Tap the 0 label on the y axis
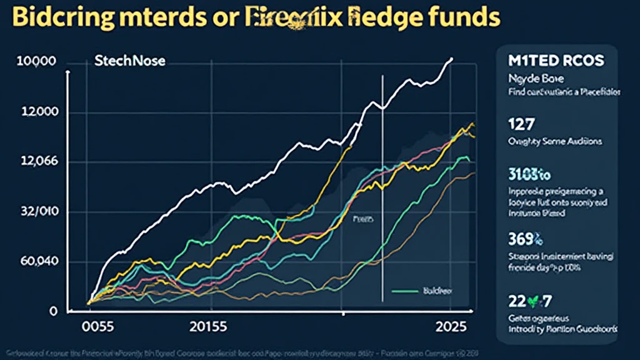coord(54,311)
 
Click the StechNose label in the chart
coord(126,62)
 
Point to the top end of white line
coord(452,59)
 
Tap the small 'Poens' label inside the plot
coord(362,219)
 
